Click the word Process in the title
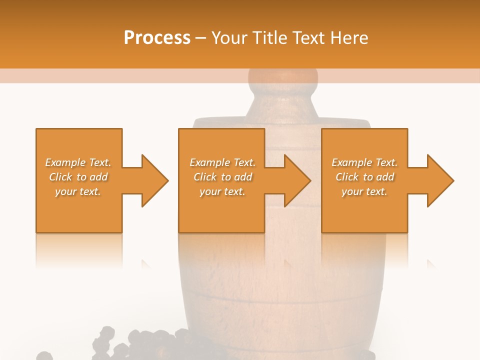click(157, 38)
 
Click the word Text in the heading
click(309, 38)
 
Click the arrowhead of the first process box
click(154, 180)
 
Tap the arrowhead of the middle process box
click(297, 180)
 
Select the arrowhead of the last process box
click(440, 180)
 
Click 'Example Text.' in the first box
click(78, 162)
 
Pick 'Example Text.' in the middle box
click(222, 162)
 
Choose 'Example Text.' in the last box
click(364, 162)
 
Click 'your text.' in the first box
click(78, 191)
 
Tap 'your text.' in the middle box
click(222, 191)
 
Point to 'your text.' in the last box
click(364, 191)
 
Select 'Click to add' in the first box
click(78, 177)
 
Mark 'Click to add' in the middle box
click(222, 177)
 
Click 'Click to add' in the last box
click(364, 177)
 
